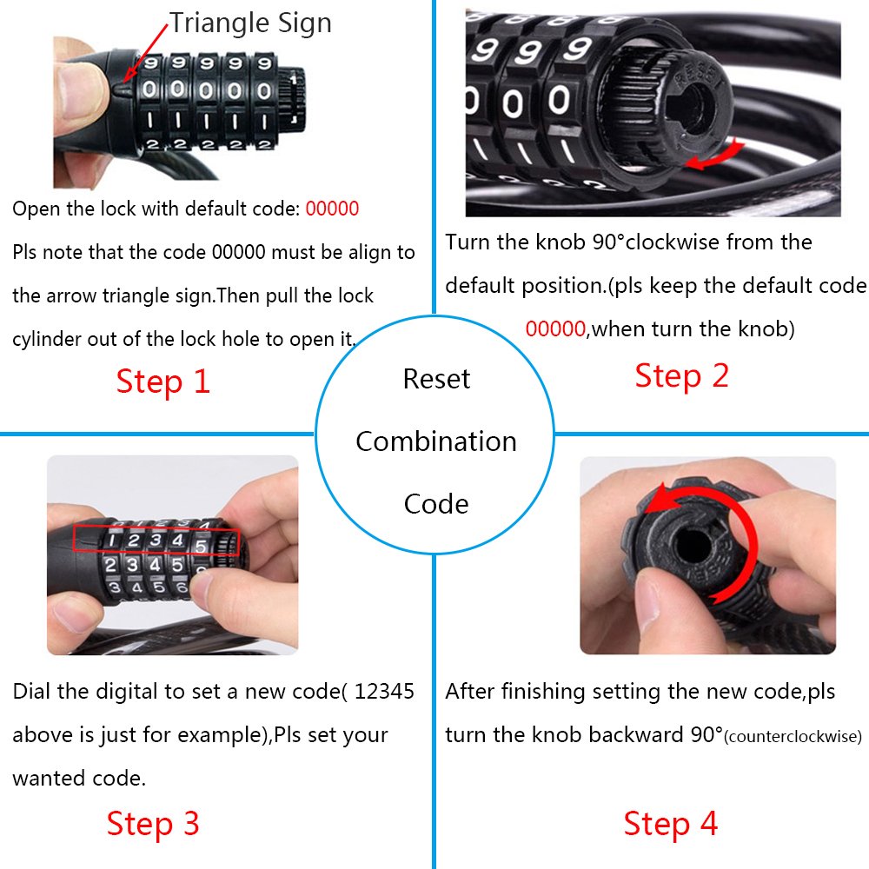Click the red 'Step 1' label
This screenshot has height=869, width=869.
[163, 381]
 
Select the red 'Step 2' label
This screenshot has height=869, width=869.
[681, 375]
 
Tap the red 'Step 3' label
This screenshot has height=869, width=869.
[153, 823]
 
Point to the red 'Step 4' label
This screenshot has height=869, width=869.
[671, 823]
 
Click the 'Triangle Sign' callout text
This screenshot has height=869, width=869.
[250, 23]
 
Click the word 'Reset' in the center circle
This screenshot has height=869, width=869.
[436, 379]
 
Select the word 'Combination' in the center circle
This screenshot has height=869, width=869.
[436, 441]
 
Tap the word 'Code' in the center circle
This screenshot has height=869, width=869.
[436, 504]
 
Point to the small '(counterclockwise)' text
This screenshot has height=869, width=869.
[793, 737]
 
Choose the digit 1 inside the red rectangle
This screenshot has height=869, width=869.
[111, 541]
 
